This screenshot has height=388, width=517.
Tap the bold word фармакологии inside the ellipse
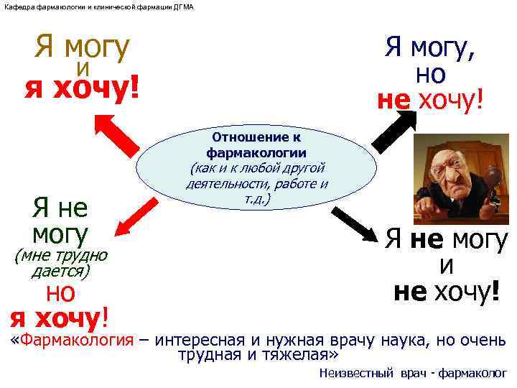click(x=256, y=152)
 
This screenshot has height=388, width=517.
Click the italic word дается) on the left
click(x=61, y=271)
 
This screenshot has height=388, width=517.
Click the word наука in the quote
click(x=399, y=339)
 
